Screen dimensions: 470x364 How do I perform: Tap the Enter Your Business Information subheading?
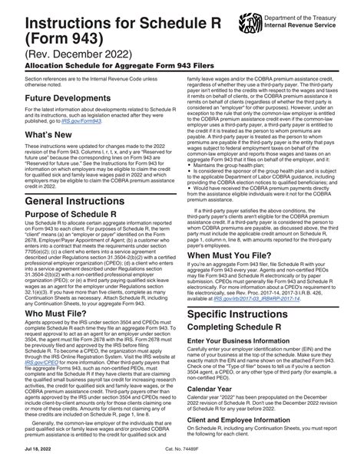[x=246, y=371]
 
